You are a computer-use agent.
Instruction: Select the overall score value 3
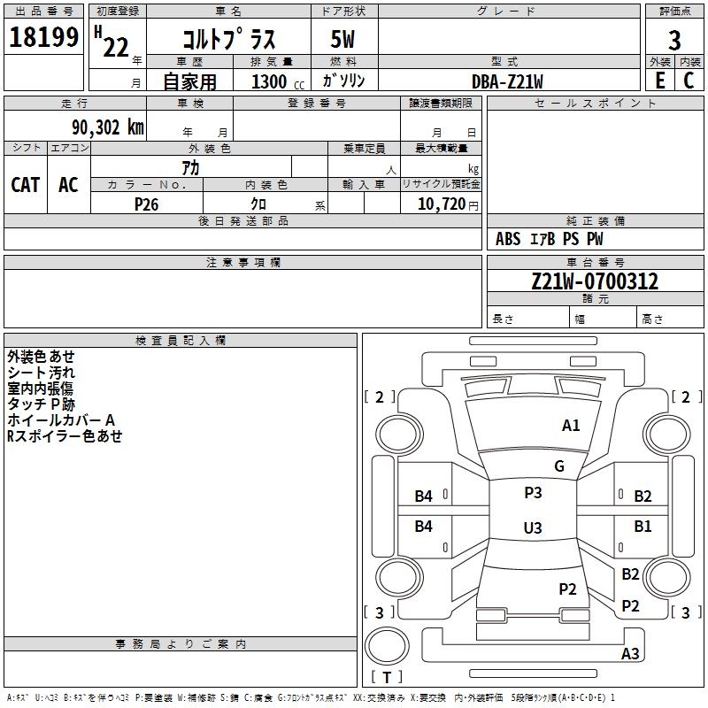coord(674,41)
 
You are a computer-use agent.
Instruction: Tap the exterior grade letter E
coord(659,80)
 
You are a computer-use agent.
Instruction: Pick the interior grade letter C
coord(689,80)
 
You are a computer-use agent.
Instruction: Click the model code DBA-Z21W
coord(507,81)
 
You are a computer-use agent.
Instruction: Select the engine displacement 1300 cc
coord(275,81)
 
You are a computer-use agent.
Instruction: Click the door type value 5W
coord(343,40)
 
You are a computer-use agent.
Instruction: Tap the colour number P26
coord(146,204)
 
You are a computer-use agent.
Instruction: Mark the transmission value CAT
coord(25,184)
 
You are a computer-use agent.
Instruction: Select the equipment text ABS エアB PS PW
coord(550,239)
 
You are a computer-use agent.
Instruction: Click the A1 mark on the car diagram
coord(571,426)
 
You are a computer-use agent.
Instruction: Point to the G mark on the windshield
coord(559,466)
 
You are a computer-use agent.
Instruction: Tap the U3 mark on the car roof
coord(532,527)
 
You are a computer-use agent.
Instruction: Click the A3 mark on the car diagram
coord(630,654)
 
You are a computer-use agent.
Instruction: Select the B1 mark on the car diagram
coord(643,527)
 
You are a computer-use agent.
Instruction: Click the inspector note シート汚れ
coord(41,373)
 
